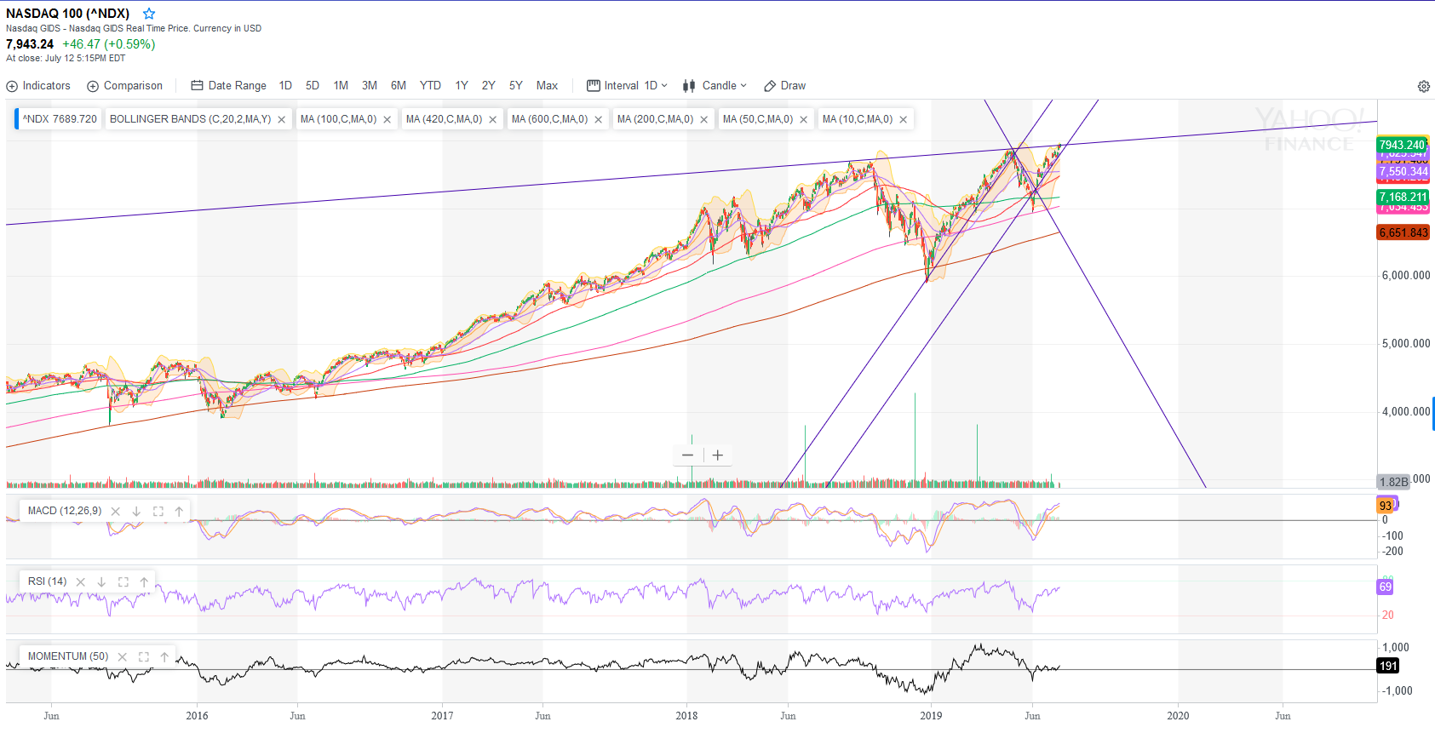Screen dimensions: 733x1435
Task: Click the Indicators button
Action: coord(38,86)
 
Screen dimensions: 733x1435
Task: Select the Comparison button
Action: coord(124,86)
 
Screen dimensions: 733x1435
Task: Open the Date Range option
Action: coord(228,86)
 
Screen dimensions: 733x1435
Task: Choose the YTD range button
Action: coord(430,86)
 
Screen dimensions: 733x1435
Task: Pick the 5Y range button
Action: coord(515,86)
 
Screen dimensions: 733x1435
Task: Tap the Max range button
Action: coord(547,86)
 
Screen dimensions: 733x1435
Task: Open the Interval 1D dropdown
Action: coord(627,86)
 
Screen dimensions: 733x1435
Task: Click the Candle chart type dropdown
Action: coord(715,86)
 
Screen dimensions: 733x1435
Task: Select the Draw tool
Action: coord(784,86)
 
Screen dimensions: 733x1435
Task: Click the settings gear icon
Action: coord(1423,86)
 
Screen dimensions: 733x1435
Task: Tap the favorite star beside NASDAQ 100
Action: coord(149,14)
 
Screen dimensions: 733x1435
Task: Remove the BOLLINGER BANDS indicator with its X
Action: coord(281,120)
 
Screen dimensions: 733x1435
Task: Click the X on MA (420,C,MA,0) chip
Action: coord(492,120)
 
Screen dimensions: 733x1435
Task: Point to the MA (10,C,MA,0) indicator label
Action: coord(857,119)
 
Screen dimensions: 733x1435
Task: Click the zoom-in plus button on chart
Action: coord(718,455)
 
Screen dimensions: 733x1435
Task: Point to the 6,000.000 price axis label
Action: coord(1405,276)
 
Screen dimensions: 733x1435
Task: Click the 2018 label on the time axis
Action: coord(686,716)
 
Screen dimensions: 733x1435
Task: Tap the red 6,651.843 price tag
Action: coord(1403,233)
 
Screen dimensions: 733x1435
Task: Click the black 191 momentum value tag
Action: coord(1388,666)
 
